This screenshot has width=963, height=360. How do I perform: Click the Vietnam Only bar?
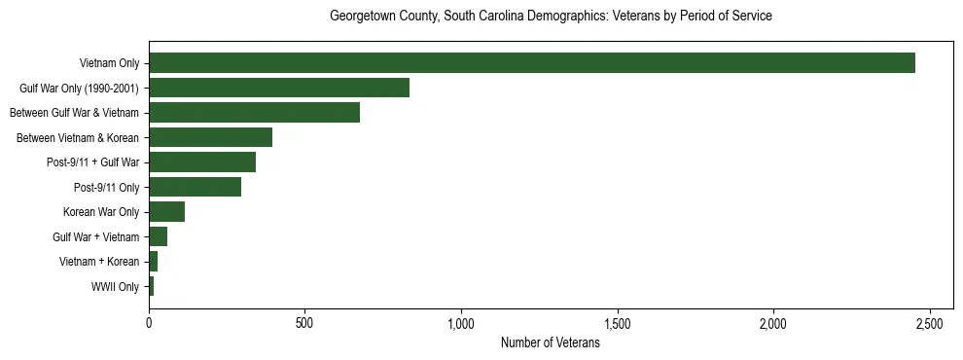[x=532, y=63]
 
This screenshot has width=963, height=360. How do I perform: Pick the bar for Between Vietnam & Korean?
[x=210, y=137]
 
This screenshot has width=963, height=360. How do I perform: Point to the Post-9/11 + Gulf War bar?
[x=202, y=162]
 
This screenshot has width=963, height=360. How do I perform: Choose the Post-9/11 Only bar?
[x=195, y=187]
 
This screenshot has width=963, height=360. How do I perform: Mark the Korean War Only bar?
[x=166, y=212]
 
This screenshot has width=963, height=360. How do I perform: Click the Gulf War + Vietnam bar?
[x=158, y=236]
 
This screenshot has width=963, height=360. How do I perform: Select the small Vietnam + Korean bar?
[x=153, y=262]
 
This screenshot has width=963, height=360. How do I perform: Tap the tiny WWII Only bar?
[x=151, y=286]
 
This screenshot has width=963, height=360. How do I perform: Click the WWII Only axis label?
[x=115, y=287]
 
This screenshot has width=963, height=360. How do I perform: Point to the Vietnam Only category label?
[x=109, y=64]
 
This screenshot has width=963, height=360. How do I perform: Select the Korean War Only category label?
[x=101, y=212]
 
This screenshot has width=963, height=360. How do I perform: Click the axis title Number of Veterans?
[x=550, y=343]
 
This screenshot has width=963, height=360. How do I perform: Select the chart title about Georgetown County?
[x=551, y=17]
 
